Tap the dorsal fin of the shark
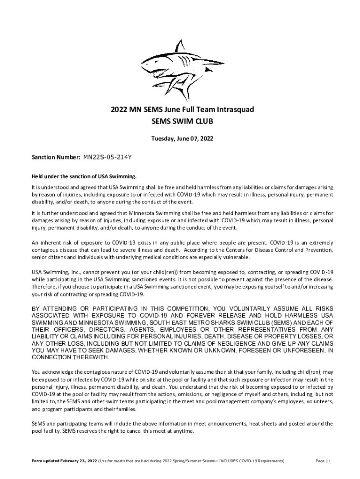[180, 47]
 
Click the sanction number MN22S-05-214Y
[107, 158]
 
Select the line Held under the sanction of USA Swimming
[84, 176]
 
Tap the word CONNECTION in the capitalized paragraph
[52, 357]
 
